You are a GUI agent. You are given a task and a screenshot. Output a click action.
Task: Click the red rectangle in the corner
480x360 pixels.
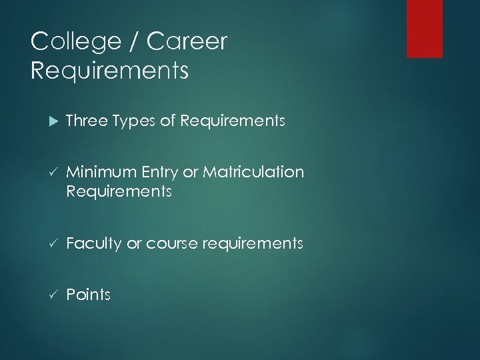[425, 29]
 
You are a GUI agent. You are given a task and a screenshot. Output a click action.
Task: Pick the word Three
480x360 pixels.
[87, 121]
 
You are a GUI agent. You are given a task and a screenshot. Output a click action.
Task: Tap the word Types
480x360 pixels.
[133, 121]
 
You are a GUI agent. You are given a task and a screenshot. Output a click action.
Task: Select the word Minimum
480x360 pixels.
[102, 173]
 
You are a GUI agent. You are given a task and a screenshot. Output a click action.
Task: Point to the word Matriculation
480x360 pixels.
[254, 173]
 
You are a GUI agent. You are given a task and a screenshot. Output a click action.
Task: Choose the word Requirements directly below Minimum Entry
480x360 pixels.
[119, 193]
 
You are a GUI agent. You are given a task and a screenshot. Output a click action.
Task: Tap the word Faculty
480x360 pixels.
[94, 244]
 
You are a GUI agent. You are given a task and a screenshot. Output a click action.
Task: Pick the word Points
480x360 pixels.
[88, 295]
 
